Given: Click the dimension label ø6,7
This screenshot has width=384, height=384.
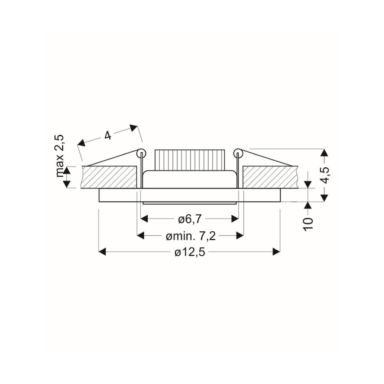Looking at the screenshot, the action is pos(188,220).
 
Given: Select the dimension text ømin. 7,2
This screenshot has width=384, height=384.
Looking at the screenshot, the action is pos(190,236).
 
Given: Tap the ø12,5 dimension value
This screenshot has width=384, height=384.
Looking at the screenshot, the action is pos(190,253).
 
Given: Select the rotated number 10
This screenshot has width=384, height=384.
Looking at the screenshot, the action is pos(308,224).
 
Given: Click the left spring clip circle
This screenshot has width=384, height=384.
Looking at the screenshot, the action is pos(141,153).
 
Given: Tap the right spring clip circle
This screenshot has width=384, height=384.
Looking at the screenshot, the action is pos(238,153).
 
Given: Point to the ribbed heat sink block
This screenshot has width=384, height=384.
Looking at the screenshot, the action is pos(190,160).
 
